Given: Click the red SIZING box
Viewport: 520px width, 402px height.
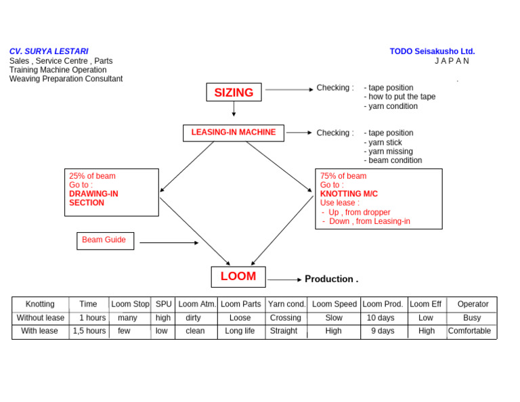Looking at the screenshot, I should coord(234,93).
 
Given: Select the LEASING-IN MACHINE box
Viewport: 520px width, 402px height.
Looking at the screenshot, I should coord(233,133).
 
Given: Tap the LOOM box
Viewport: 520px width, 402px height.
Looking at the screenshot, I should coord(238,276).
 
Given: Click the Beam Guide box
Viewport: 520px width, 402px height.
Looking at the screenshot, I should coord(105,240).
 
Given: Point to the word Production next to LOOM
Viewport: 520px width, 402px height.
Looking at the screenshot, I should coord(330,279).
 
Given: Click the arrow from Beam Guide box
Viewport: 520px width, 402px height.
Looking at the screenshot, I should coord(169,242).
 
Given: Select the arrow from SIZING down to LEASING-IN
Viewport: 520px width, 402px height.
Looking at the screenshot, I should coord(234,109).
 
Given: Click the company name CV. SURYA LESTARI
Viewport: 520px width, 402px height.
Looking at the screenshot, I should coord(49,51).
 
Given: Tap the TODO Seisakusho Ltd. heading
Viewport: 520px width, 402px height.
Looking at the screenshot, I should coord(432,51).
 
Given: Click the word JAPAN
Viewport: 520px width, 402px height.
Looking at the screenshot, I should coord(452,61).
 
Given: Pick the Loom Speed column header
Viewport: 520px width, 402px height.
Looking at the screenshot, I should coord(334,305).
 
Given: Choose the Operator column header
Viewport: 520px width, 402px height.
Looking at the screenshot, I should coord(473,305).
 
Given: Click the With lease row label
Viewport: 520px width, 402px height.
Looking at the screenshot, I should coord(39,331).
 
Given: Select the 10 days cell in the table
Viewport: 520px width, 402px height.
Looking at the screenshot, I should coord(381,317).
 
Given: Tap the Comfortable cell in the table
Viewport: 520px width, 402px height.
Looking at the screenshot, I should coord(470,331).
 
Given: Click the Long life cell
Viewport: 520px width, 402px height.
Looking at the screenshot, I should coord(240,331).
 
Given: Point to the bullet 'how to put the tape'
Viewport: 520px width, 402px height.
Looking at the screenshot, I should coord(400,97).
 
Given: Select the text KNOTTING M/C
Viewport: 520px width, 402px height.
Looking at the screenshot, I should coord(349,194).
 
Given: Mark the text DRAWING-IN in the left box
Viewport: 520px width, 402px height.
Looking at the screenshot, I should coord(93,194).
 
